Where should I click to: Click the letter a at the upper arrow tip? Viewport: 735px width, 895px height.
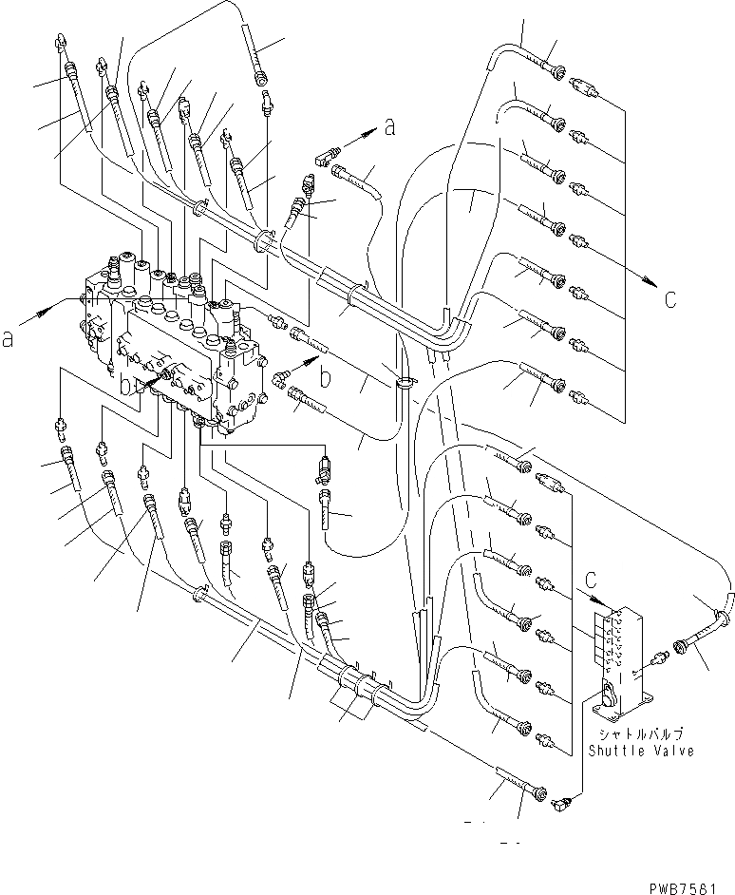pos(389,130)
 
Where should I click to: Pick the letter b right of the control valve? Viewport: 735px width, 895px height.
pos(325,378)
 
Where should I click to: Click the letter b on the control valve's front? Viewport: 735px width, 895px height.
pos(126,386)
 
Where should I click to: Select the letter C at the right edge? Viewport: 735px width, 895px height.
pos(670,300)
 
